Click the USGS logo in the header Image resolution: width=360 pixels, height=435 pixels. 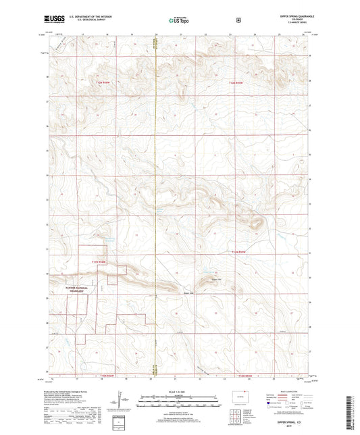55,21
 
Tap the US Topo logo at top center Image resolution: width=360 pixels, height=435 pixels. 179,21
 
